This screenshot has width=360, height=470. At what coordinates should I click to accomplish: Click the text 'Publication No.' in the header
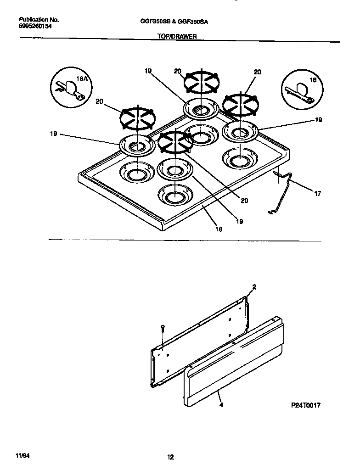coord(39,20)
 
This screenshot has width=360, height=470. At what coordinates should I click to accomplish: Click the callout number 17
coord(317,194)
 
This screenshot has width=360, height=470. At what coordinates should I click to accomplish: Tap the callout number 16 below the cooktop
coord(219,229)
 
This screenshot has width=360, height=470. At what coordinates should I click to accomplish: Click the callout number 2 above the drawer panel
coord(254,287)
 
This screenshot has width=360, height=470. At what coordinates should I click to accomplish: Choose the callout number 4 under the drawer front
coord(221,405)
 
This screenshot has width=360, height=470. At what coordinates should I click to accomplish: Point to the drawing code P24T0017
coord(305,406)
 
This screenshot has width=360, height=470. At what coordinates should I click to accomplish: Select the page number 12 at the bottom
coord(170,456)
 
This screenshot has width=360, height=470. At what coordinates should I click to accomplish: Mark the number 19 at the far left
coord(54,134)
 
